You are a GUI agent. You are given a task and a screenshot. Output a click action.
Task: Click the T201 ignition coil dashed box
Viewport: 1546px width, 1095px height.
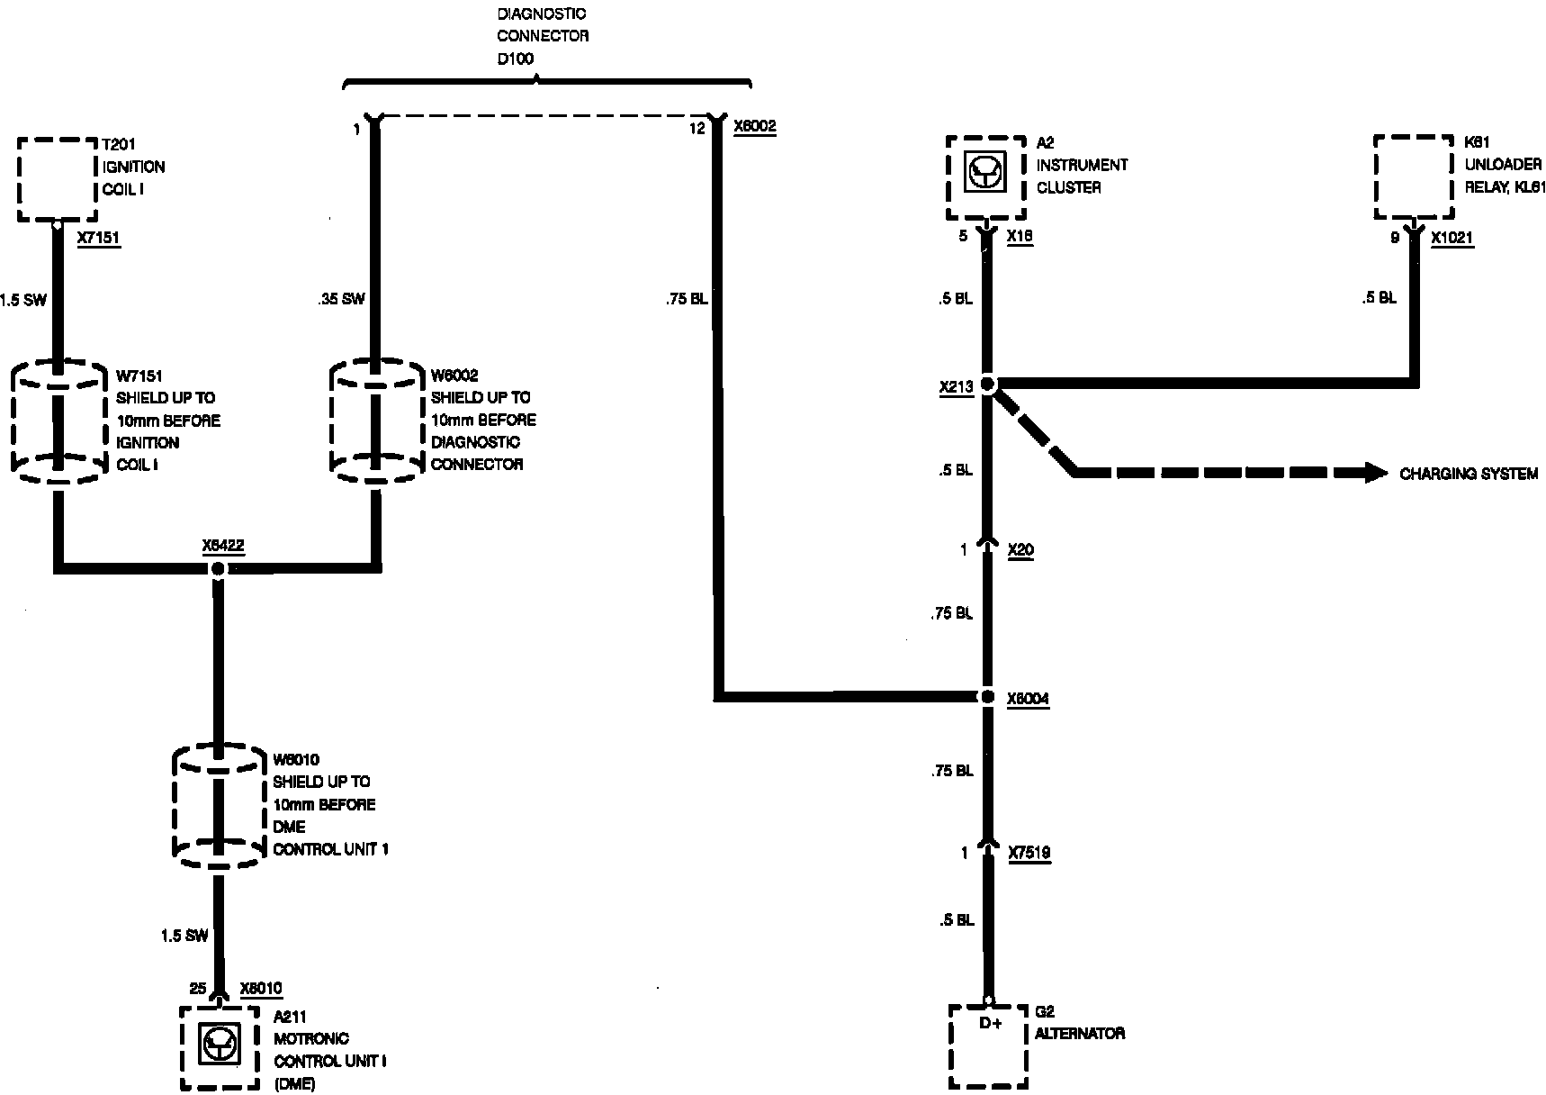click(58, 179)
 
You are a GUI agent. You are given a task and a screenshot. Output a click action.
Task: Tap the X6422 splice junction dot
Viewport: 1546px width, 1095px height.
click(217, 568)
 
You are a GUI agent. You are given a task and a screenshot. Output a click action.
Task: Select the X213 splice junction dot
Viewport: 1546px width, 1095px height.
click(987, 385)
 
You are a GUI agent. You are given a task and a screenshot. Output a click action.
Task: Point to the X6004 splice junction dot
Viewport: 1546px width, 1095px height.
click(987, 697)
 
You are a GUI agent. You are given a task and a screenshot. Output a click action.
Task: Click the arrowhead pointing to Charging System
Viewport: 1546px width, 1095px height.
click(1375, 472)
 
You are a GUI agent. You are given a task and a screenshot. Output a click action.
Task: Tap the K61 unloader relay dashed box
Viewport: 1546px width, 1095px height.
click(1414, 177)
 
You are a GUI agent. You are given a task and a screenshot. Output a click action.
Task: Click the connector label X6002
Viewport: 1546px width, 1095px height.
click(754, 127)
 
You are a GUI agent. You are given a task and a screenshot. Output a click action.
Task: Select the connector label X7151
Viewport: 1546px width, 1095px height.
click(99, 239)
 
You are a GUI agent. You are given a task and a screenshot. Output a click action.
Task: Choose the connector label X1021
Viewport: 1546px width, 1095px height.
click(1452, 239)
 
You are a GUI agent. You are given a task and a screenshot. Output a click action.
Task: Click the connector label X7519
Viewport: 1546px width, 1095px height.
click(1029, 853)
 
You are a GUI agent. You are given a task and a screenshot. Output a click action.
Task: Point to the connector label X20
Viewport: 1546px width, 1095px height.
click(1020, 550)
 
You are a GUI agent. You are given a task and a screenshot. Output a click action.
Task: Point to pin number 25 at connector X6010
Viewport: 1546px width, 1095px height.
click(198, 989)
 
